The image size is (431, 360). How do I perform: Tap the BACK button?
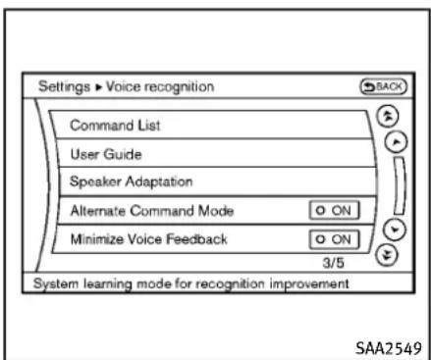[x=383, y=87]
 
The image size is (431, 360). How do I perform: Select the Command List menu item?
[x=115, y=126]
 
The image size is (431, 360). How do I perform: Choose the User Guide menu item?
[x=106, y=154]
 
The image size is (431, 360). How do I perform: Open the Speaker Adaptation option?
[x=131, y=181]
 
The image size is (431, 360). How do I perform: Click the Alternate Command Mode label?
[x=152, y=211]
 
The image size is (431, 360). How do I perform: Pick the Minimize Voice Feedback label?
[x=149, y=239]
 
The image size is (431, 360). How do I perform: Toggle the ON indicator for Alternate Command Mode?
[x=334, y=210]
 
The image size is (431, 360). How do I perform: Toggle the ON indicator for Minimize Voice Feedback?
[x=334, y=239]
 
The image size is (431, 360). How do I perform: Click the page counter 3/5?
[x=333, y=263]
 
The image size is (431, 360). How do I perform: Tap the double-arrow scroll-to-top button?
[x=388, y=117]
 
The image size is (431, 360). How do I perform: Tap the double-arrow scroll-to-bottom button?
[x=387, y=255]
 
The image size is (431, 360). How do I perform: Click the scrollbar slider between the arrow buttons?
[x=400, y=185]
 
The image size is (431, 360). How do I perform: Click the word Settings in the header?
[x=64, y=87]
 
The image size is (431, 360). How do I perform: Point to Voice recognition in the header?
[x=160, y=87]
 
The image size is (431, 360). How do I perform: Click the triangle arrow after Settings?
[x=98, y=87]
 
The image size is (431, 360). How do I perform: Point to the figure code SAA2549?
[x=389, y=348]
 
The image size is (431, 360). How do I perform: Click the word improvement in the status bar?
[x=309, y=283]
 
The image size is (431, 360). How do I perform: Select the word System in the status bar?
[x=56, y=283]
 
